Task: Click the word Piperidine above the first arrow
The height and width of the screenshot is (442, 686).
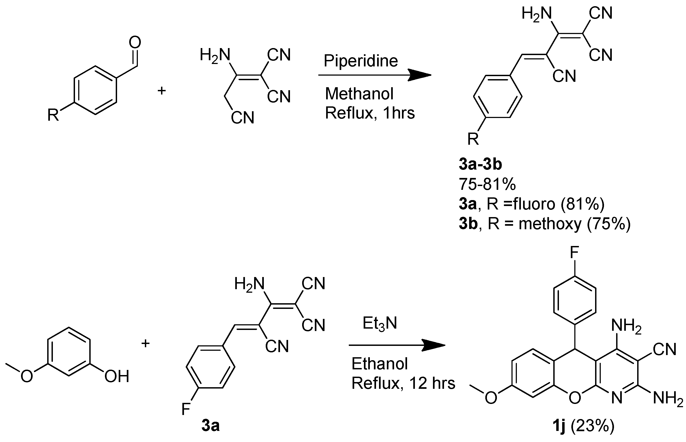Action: (361, 61)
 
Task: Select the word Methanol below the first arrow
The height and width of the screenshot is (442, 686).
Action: (359, 94)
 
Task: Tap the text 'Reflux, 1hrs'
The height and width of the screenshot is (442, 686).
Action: (370, 113)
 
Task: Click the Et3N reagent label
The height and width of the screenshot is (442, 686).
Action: (380, 323)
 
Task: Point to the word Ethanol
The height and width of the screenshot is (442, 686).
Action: (379, 364)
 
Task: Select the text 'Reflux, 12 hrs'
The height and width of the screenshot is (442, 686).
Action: (403, 383)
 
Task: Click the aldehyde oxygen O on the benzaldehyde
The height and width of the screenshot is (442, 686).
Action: (135, 42)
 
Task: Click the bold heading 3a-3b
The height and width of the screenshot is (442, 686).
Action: (480, 164)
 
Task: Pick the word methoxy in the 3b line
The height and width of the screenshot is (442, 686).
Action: (550, 224)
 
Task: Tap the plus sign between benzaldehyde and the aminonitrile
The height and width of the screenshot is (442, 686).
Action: (162, 91)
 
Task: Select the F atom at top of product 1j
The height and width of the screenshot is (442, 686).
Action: (575, 253)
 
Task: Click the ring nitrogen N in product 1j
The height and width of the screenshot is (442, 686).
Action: (617, 398)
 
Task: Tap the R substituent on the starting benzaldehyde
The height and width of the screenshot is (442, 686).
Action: (53, 115)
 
